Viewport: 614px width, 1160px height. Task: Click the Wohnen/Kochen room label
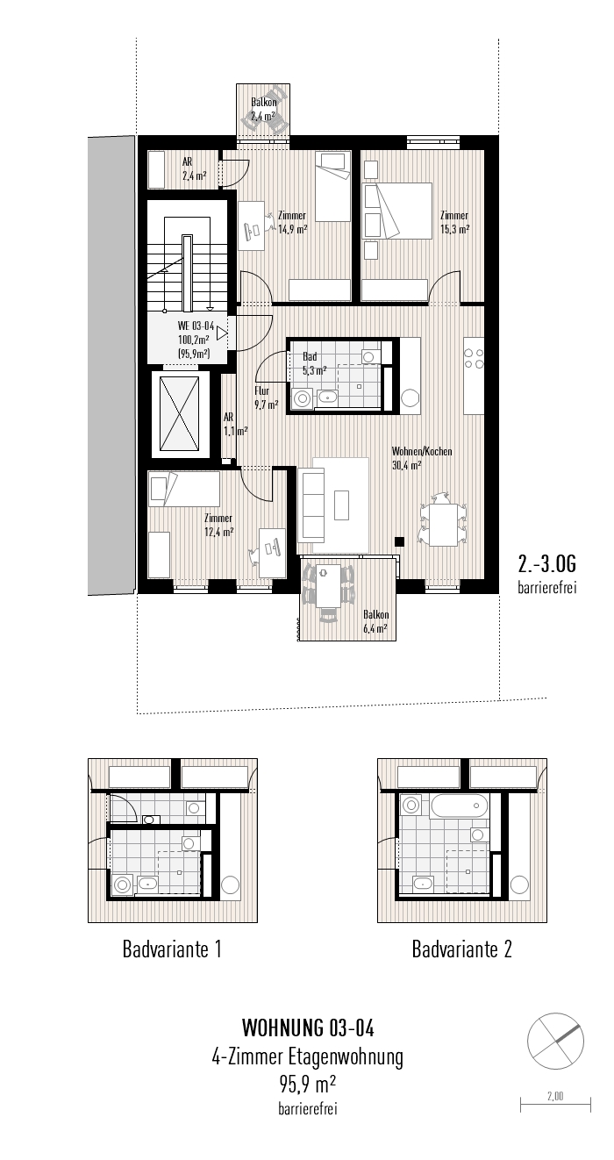422,459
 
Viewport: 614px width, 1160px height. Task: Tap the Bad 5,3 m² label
313,363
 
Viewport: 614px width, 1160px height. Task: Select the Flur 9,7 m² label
266,397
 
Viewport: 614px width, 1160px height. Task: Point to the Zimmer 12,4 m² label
218,525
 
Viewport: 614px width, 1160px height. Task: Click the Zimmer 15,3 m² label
454,222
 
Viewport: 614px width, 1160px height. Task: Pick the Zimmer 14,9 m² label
292,223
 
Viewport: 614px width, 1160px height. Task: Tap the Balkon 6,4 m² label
375,621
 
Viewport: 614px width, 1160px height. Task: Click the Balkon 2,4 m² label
263,109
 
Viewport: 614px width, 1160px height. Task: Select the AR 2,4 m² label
194,168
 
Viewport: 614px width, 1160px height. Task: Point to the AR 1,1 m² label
234,425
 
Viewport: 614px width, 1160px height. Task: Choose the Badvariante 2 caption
461,949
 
